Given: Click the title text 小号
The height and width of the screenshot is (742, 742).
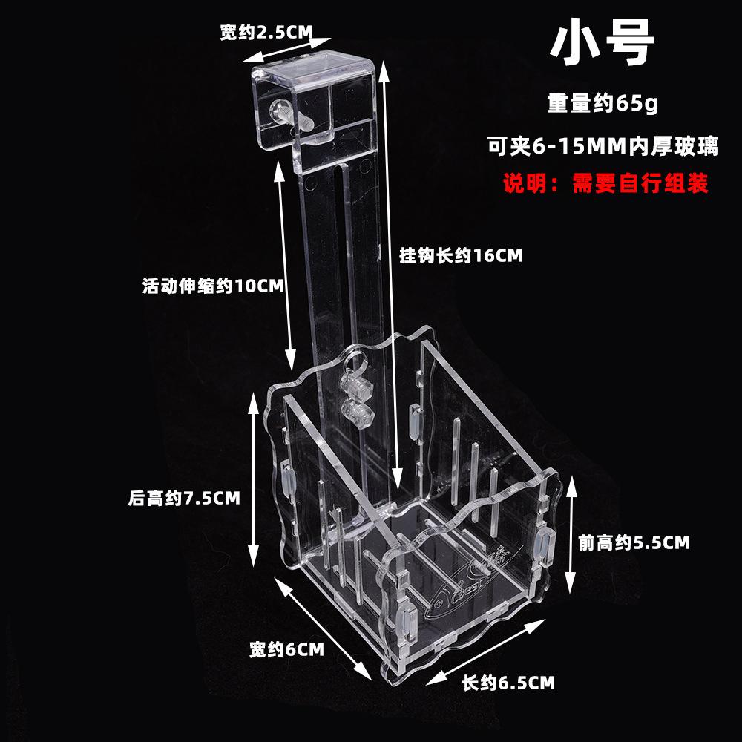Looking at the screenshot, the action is [x=602, y=44].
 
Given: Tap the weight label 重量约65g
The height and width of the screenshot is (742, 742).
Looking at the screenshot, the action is [x=603, y=103].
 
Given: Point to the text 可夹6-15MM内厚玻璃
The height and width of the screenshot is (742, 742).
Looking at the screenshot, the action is [x=602, y=146].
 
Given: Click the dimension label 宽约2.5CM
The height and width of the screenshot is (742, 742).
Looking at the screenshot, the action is [x=265, y=33].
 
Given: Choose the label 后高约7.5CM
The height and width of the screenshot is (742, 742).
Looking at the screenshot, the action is [x=184, y=499].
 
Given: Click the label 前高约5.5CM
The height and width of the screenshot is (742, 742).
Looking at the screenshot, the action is [x=634, y=542].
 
